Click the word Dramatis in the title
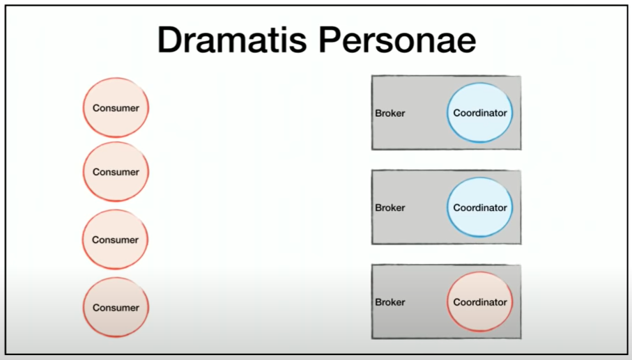point(232,40)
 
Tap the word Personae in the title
point(397,40)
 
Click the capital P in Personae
point(330,40)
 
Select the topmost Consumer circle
point(116,107)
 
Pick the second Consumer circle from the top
point(116,171)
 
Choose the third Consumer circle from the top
point(115,240)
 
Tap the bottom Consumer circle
point(116,307)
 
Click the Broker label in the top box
point(390,114)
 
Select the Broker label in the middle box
point(390,208)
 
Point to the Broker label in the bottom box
point(390,302)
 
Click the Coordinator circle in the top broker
point(479,113)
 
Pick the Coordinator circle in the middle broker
point(479,208)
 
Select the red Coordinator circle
point(479,302)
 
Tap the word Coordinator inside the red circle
point(480,302)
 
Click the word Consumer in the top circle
point(116,108)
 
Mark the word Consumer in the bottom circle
point(116,308)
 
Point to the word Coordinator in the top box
point(480,113)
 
